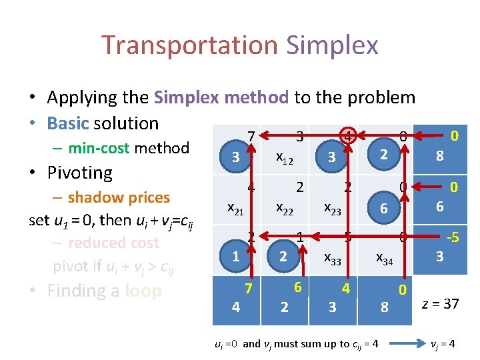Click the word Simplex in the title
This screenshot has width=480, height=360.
point(332,45)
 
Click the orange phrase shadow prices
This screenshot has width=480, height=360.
point(119,197)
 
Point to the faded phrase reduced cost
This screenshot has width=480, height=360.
point(113,242)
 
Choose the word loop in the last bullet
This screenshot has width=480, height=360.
point(143,291)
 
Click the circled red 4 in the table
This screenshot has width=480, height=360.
point(347,137)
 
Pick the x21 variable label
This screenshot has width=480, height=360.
point(236,208)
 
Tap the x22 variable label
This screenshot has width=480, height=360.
point(285,208)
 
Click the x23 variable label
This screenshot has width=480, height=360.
point(333,208)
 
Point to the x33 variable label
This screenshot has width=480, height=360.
point(333,259)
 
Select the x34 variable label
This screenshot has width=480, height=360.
point(384,259)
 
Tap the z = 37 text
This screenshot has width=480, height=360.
point(441,304)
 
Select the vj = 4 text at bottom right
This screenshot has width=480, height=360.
point(443,344)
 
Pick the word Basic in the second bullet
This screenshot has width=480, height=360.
point(69,123)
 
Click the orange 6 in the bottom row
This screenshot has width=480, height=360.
point(299,286)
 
